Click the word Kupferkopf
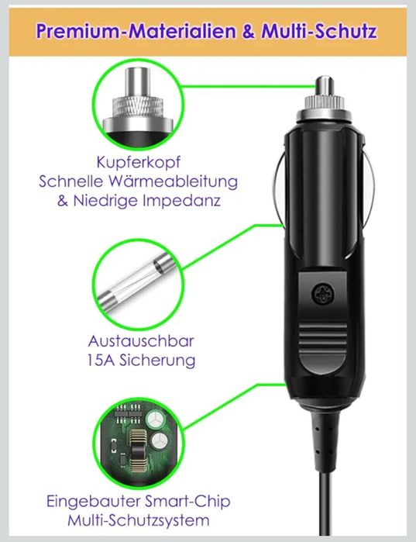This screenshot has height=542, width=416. pos(139,163)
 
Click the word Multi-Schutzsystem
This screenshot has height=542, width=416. pos(139,520)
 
